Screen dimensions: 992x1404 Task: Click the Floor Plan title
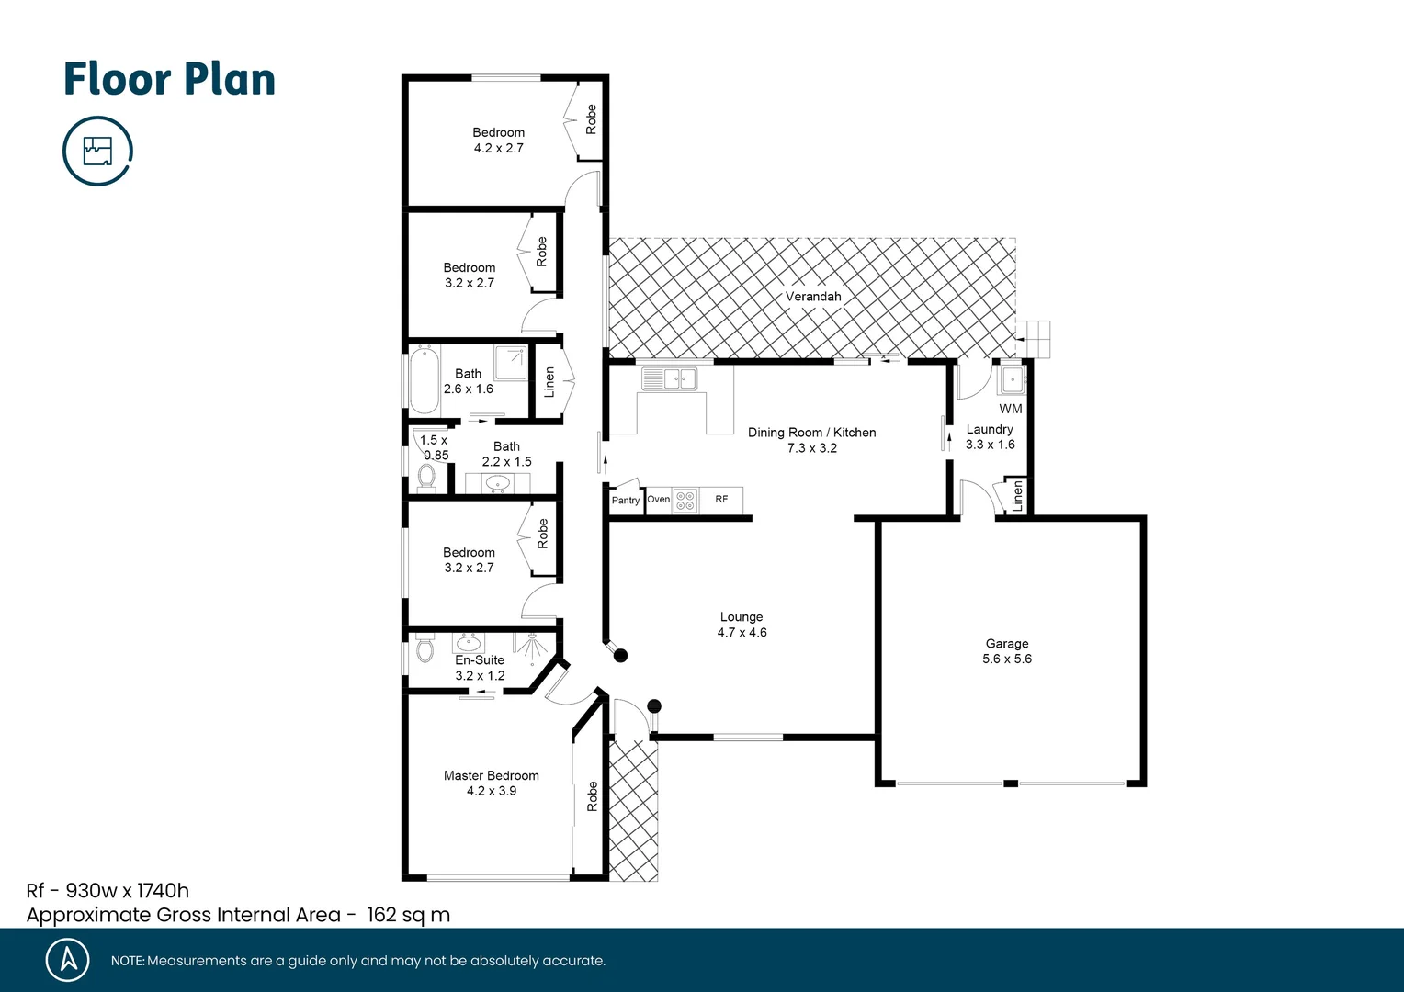[x=169, y=80]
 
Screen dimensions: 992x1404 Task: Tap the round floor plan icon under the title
[x=97, y=151]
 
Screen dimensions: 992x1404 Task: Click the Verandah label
[x=812, y=297]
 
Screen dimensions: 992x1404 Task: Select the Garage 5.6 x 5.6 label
[x=1006, y=651]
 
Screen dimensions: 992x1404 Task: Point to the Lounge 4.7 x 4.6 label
[x=742, y=625]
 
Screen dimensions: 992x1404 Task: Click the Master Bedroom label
[x=491, y=783]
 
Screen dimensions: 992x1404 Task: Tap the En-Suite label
[x=480, y=667]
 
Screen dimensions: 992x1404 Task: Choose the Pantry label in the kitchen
[x=625, y=501]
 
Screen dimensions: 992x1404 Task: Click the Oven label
[x=658, y=500]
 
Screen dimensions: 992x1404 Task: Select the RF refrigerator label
[x=721, y=500]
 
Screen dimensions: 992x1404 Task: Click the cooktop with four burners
[x=685, y=501]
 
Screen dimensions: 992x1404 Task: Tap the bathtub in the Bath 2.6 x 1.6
[x=424, y=380]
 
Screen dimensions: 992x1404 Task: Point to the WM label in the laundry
[x=1010, y=409]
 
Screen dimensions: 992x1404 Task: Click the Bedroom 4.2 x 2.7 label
[x=498, y=140]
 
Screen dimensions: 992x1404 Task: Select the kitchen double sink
[x=669, y=378]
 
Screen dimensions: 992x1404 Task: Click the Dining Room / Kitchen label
[x=811, y=440]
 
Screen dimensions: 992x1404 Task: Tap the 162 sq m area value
[x=408, y=915]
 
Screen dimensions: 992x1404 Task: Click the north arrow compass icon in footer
[x=68, y=960]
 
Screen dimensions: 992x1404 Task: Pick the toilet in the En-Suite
[x=424, y=648]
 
